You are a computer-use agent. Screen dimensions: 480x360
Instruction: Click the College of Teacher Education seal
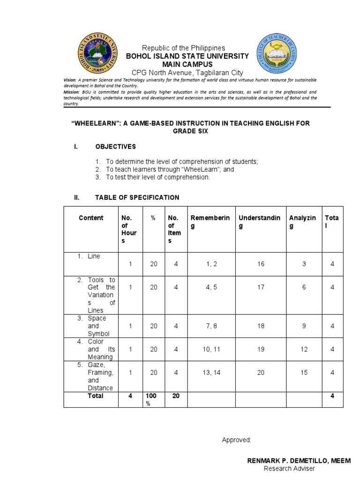[x=276, y=55]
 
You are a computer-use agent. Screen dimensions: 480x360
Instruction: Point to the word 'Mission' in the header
[x=72, y=92]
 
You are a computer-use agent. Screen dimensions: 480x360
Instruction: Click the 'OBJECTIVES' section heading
[x=115, y=147]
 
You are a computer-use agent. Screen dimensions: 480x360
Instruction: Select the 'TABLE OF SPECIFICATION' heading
[x=137, y=198]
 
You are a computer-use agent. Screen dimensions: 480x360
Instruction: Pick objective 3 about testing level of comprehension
[x=158, y=177]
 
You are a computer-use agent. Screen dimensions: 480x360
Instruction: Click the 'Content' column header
[x=91, y=218]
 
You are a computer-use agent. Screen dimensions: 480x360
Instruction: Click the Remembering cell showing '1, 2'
[x=211, y=264]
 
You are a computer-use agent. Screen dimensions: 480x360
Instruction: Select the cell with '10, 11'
[x=211, y=349]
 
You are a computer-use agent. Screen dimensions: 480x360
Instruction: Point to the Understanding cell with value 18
[x=261, y=326]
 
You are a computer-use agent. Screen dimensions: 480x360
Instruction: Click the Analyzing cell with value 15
[x=304, y=373]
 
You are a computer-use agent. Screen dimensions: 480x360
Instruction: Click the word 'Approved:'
[x=236, y=440]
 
